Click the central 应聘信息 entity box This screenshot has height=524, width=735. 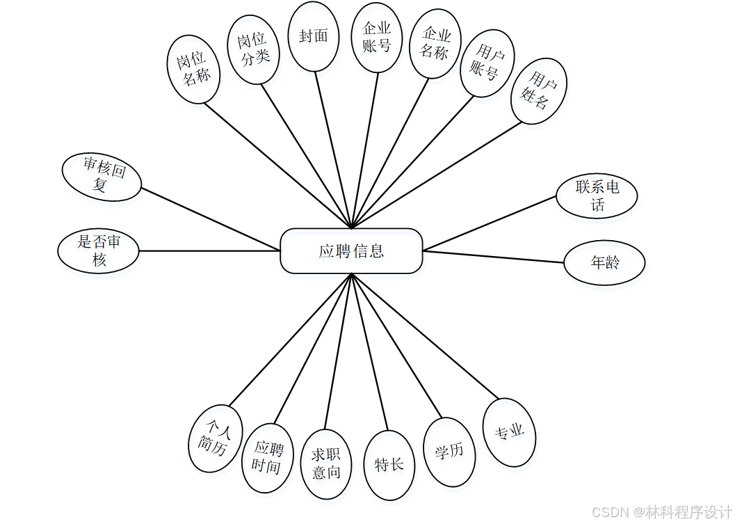tap(351, 251)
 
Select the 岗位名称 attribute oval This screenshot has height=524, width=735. tap(194, 69)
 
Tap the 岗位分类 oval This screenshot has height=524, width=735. tap(255, 49)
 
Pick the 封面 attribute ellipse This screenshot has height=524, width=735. tap(314, 36)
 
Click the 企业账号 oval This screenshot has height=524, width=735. tap(377, 37)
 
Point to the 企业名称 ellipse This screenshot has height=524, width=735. tap(435, 43)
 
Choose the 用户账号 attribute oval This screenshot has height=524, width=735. tap(487, 63)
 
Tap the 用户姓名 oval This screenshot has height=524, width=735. tap(539, 91)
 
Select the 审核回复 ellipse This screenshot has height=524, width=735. tap(102, 177)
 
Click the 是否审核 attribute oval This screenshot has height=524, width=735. tap(98, 251)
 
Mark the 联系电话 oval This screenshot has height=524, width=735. tap(597, 196)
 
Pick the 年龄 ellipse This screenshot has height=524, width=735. tap(604, 263)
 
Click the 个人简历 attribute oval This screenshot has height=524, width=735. tap(216, 438)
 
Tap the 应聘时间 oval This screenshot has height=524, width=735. tap(268, 458)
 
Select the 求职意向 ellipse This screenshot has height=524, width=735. tap(326, 463)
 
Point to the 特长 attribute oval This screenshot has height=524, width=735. tap(389, 465)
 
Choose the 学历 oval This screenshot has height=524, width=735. tap(449, 452)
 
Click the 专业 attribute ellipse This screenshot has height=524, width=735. tap(509, 432)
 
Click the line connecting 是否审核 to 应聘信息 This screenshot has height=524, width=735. tap(209, 251)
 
